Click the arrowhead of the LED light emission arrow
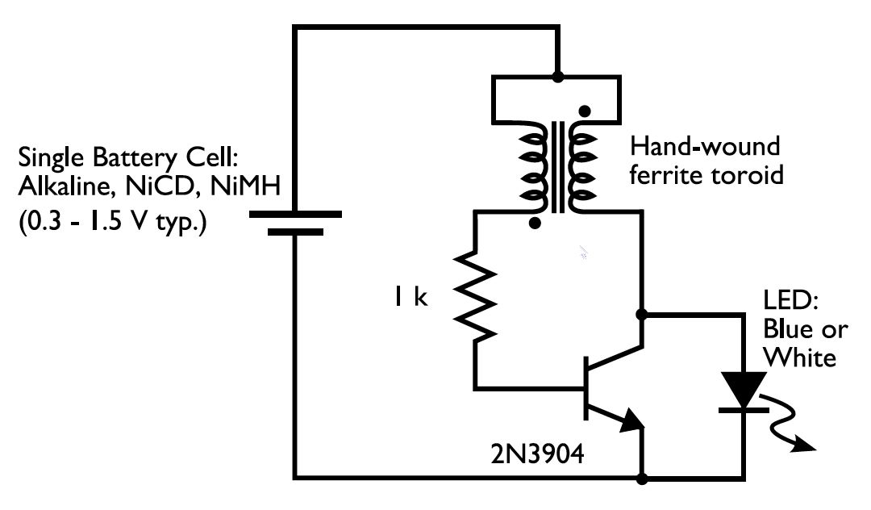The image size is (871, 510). pos(807,446)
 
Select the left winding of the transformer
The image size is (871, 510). pos(531,170)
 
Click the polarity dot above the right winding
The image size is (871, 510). pos(585,111)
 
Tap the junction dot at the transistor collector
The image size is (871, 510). pos(643,313)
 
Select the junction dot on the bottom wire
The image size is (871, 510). pos(643,479)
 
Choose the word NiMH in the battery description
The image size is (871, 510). pos(242,188)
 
